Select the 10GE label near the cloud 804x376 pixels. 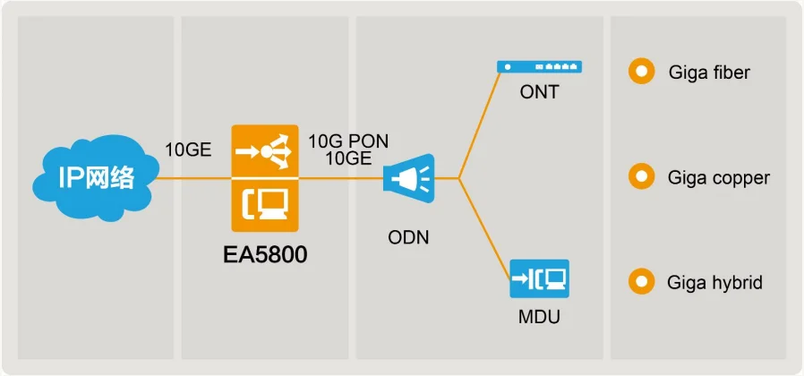tap(188, 150)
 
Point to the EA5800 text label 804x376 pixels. tap(264, 255)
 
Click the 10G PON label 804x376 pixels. tap(348, 141)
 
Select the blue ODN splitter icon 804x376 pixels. tap(407, 177)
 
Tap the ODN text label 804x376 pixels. tap(407, 237)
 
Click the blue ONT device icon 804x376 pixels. tap(539, 66)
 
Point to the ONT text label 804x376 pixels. tap(539, 92)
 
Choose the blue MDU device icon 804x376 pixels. tap(539, 278)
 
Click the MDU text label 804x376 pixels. tap(539, 316)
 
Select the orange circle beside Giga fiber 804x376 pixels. tap(641, 73)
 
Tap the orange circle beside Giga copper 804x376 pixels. tap(641, 177)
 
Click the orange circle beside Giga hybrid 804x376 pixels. tap(641, 282)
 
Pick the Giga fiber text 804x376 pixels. tap(709, 73)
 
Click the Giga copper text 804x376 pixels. tap(718, 177)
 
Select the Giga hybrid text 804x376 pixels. tap(714, 283)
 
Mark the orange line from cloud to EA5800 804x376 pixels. tap(192, 177)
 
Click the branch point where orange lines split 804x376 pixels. tap(459, 177)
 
